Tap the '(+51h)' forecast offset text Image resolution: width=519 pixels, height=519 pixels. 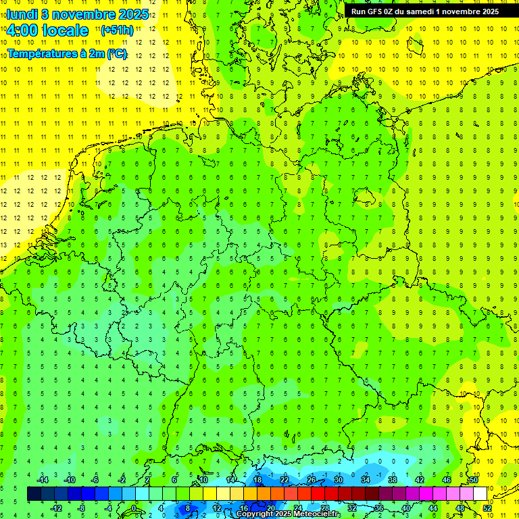pyautogui.click(x=117, y=30)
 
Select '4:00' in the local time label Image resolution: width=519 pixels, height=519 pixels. pyautogui.click(x=22, y=30)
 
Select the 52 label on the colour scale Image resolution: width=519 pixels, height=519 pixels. pyautogui.click(x=487, y=508)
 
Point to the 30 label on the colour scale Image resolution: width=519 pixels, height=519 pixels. pyautogui.click(x=339, y=480)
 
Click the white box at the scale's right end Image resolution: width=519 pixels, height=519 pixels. pyautogui.click(x=480, y=494)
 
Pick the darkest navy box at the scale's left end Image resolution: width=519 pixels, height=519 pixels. pyautogui.click(x=34, y=494)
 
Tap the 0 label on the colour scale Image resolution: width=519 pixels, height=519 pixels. pyautogui.click(x=134, y=508)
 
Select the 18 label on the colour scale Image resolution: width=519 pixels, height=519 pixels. pyautogui.click(x=257, y=480)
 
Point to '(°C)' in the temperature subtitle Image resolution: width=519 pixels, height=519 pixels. pyautogui.click(x=116, y=53)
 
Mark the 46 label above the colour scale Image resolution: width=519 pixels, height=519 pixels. pyautogui.click(x=447, y=480)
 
